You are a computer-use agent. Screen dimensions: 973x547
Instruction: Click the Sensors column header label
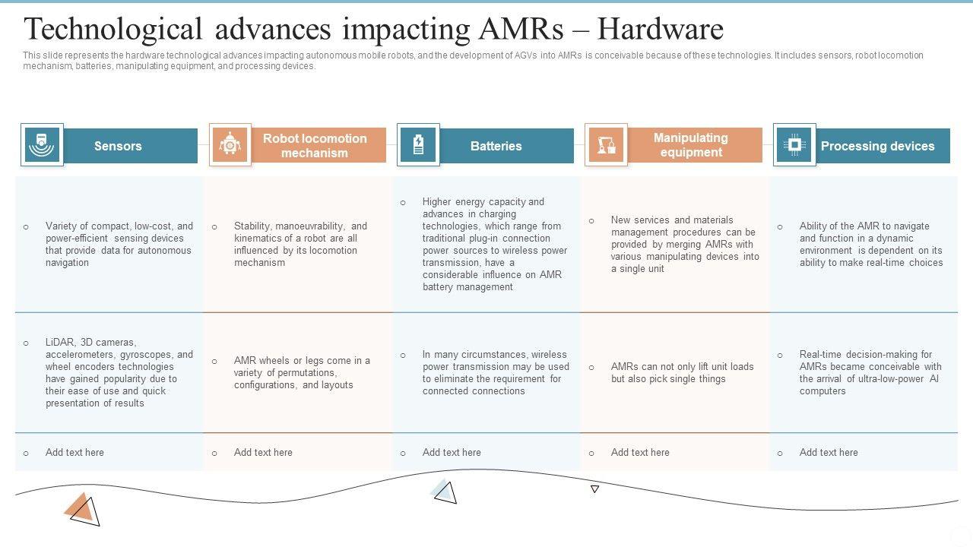[x=118, y=146]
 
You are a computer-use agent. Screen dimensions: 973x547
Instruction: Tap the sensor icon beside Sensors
[x=42, y=145]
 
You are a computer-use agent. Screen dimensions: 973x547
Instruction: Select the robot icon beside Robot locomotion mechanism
[x=230, y=145]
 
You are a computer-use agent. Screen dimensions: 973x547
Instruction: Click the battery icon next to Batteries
[x=418, y=145]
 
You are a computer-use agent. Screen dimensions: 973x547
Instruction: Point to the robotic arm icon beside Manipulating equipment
[x=606, y=145]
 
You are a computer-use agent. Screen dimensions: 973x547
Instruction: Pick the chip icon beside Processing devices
[x=794, y=144]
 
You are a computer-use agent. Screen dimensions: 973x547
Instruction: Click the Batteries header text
[x=496, y=146]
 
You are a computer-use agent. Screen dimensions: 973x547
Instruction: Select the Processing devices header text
[x=877, y=146]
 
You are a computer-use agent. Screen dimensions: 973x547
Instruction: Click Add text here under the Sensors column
[x=74, y=452]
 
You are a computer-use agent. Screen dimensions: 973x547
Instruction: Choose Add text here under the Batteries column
[x=452, y=452]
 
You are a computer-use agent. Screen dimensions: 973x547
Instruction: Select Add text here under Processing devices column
[x=829, y=452]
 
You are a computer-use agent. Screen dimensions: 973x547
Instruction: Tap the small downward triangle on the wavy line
[x=594, y=489]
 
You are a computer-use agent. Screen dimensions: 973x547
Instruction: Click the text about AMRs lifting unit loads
[x=682, y=372]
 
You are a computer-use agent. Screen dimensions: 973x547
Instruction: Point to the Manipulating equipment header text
[x=690, y=145]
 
